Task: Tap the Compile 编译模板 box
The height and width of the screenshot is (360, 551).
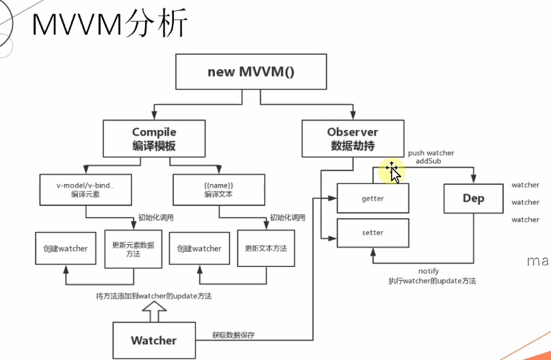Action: coord(154,138)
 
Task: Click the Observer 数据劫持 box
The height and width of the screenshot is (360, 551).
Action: coord(353,138)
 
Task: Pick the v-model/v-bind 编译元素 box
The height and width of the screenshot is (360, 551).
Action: coord(86,190)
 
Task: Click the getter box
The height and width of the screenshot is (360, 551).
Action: coord(372,198)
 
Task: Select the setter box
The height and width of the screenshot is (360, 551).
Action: coord(372,233)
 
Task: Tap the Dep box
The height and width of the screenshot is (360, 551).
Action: coord(473,198)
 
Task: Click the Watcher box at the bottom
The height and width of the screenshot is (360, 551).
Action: coord(154,340)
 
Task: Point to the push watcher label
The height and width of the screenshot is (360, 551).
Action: coord(431,153)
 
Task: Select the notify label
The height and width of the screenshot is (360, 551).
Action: coord(429,272)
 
